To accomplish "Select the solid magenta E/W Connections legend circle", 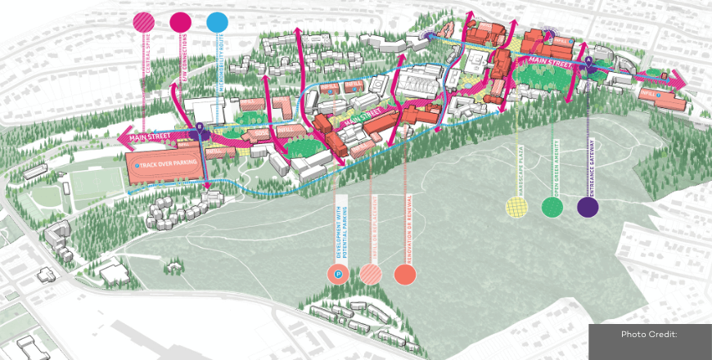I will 180,22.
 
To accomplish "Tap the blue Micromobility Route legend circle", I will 217,22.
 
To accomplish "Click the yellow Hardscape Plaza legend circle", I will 517,207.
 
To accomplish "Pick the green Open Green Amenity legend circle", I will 552,207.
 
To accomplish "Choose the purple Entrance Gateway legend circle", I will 588,207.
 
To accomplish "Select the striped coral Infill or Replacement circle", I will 371,275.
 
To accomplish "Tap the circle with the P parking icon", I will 337,275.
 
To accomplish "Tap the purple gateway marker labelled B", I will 200,127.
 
